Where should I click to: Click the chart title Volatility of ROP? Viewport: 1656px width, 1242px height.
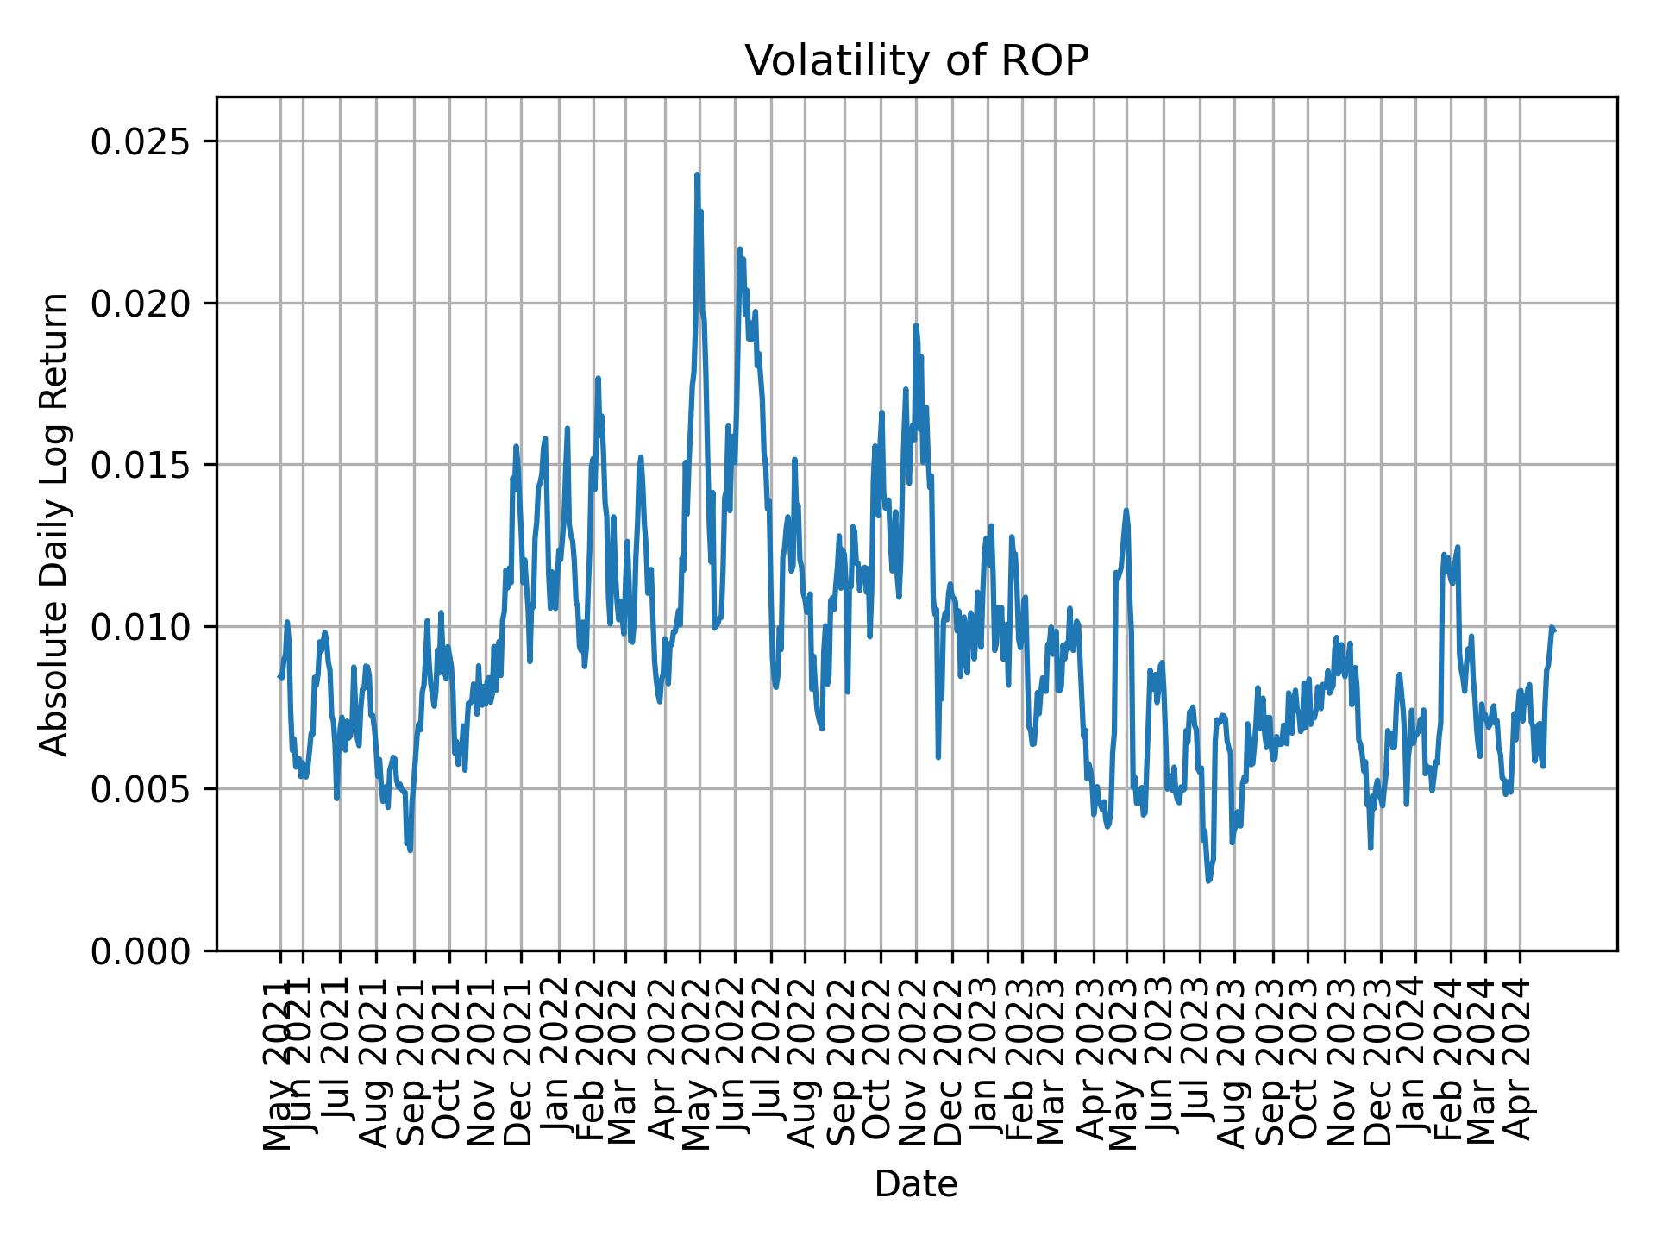[916, 62]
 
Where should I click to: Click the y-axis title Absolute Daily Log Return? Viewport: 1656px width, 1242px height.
[55, 524]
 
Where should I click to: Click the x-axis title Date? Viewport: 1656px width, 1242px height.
[916, 1184]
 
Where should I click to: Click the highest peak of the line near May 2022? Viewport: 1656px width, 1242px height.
[697, 175]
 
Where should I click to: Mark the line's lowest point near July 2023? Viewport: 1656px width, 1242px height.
[1208, 881]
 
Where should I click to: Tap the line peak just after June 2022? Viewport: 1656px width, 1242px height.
[739, 249]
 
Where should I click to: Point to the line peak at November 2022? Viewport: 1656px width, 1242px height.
[916, 325]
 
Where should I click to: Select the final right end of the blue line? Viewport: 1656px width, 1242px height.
[1553, 630]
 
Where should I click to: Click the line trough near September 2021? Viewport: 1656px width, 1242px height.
[411, 850]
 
